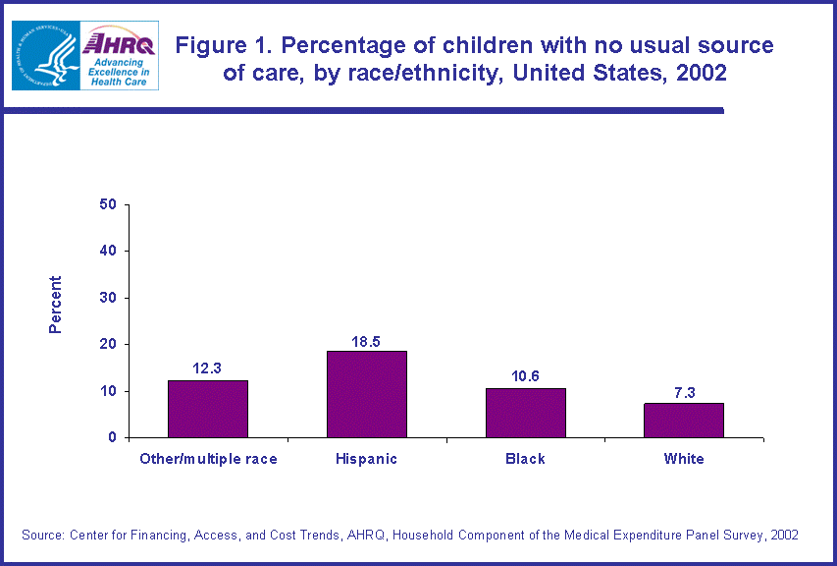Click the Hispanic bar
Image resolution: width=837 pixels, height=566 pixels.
[366, 394]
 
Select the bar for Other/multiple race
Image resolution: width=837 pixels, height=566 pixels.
[208, 409]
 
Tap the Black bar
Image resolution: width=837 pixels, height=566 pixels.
[525, 413]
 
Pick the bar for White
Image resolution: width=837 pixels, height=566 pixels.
[684, 421]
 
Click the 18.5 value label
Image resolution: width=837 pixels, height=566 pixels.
[366, 341]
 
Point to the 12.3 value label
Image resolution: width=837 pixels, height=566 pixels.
[208, 369]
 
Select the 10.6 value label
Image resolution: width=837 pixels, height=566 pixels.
[525, 377]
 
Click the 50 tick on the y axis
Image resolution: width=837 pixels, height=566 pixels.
[108, 204]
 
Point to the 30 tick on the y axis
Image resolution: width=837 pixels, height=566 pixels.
[108, 298]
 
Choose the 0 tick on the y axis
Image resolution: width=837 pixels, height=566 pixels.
[113, 437]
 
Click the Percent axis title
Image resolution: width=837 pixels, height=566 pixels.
[56, 305]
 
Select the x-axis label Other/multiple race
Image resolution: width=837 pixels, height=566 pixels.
[208, 459]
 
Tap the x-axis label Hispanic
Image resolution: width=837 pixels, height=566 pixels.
[366, 459]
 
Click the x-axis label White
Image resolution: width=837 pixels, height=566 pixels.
[684, 459]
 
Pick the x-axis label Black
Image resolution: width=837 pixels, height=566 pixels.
[525, 459]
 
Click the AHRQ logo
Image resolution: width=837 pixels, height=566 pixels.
[119, 55]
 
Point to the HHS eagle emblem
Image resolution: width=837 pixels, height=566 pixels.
[46, 55]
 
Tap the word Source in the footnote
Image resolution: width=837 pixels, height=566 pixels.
[42, 535]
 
